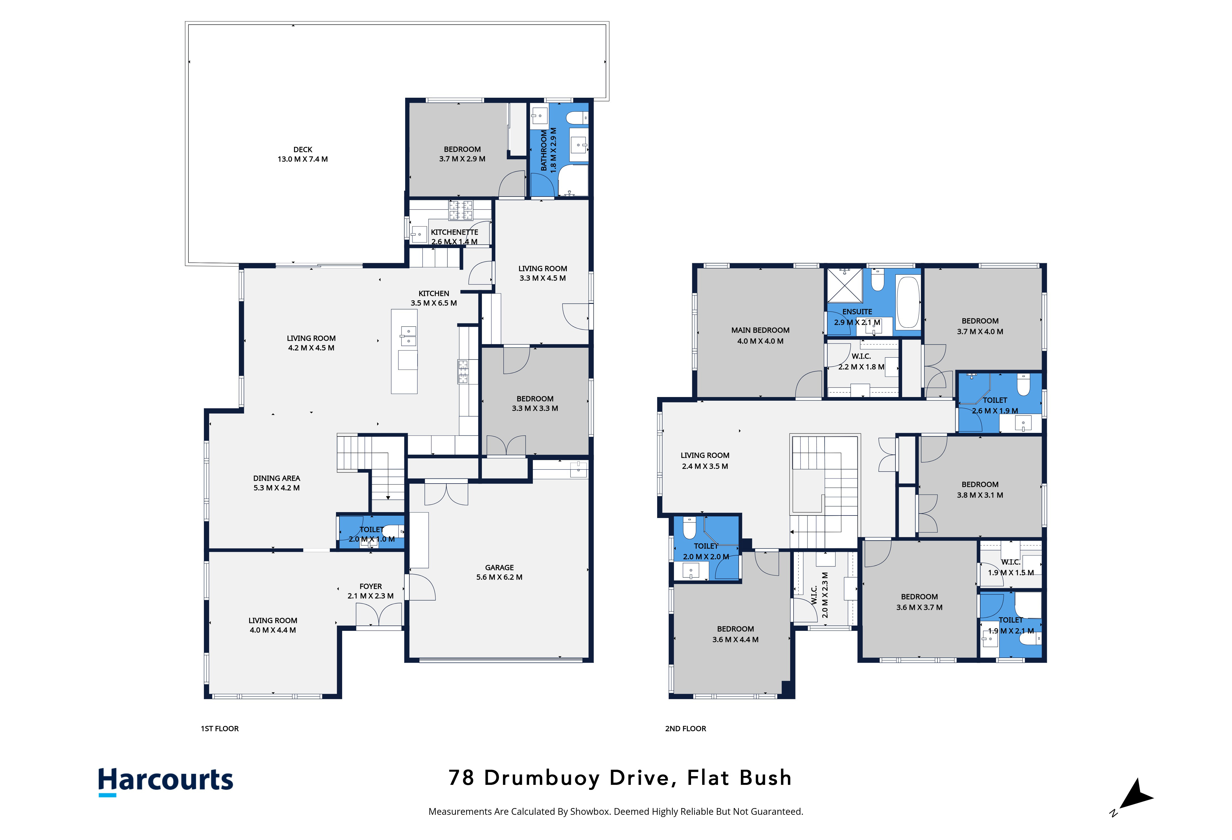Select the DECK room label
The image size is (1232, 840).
pyautogui.click(x=303, y=150)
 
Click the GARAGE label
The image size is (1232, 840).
pyautogui.click(x=499, y=568)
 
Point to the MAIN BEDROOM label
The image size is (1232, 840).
pyautogui.click(x=760, y=330)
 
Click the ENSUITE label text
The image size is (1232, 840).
pyautogui.click(x=857, y=312)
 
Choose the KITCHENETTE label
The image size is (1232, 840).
pyautogui.click(x=454, y=232)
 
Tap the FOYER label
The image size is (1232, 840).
pyautogui.click(x=370, y=586)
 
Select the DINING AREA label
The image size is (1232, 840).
pyautogui.click(x=277, y=478)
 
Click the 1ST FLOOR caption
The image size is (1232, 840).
pyautogui.click(x=220, y=729)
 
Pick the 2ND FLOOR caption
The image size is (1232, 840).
pyautogui.click(x=685, y=729)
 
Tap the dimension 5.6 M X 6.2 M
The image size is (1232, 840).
pyautogui.click(x=499, y=577)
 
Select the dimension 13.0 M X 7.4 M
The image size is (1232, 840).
pyautogui.click(x=303, y=159)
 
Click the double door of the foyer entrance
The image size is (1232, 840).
pyautogui.click(x=379, y=616)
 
